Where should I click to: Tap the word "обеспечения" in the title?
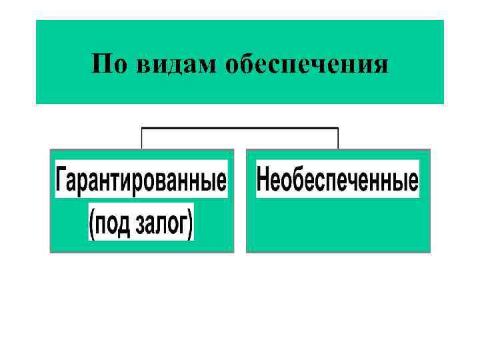tap(307, 65)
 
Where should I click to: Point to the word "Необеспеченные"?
tap(337, 179)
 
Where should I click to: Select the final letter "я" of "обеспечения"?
tap(381, 66)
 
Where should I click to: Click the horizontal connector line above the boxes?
tap(240, 127)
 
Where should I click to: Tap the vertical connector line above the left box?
tap(141, 137)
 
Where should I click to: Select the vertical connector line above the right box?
tap(339, 137)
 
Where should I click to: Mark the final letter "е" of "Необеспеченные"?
tap(413, 181)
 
